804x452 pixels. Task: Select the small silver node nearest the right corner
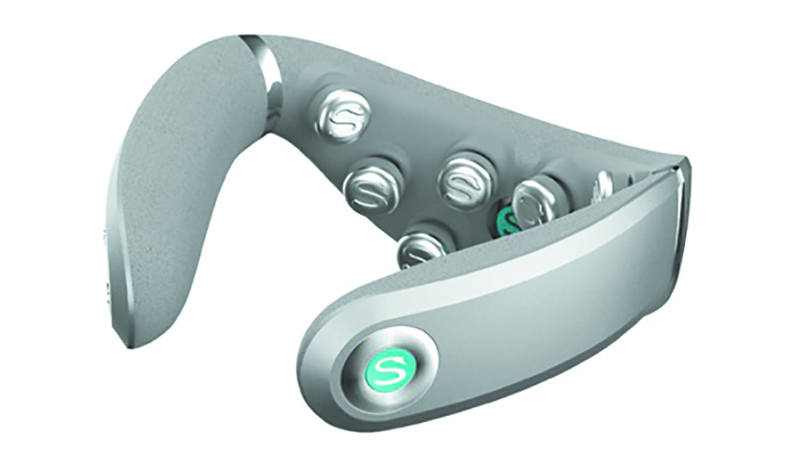(x=603, y=184)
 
